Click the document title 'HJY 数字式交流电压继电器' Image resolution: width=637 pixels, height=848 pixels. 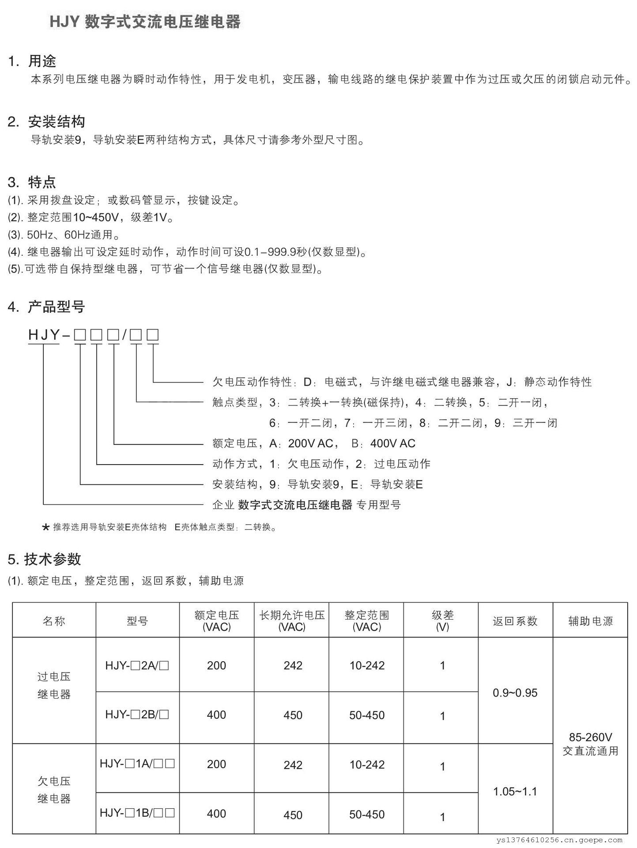pos(145,22)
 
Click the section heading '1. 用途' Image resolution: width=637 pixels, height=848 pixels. pos(32,61)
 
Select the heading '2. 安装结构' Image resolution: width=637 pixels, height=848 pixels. pos(46,121)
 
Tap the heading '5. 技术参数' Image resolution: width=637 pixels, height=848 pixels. pos(45,559)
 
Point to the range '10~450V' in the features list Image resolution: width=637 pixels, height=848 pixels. pos(96,217)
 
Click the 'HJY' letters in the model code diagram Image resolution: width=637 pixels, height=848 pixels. pos(44,335)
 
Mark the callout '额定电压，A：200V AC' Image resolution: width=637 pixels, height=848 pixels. pos(275,443)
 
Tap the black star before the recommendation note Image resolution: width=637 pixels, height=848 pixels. pos(45,527)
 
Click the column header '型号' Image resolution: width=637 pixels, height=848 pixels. pos(137,621)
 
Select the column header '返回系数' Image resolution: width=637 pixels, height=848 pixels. pos(515,621)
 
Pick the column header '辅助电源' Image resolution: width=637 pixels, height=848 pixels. pos(590,621)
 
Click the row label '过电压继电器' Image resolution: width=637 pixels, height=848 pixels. pos(54,685)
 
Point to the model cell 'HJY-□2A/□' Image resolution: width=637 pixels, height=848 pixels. pos(137,666)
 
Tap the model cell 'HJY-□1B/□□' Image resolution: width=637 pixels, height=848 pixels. pos(137,813)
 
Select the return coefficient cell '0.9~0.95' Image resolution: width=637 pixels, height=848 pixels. pos(515,693)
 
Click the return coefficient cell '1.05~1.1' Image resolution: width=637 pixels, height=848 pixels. pos(515,791)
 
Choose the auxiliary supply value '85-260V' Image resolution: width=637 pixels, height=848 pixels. pos(590,737)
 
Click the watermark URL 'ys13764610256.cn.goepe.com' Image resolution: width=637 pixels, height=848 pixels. pos(559,840)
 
